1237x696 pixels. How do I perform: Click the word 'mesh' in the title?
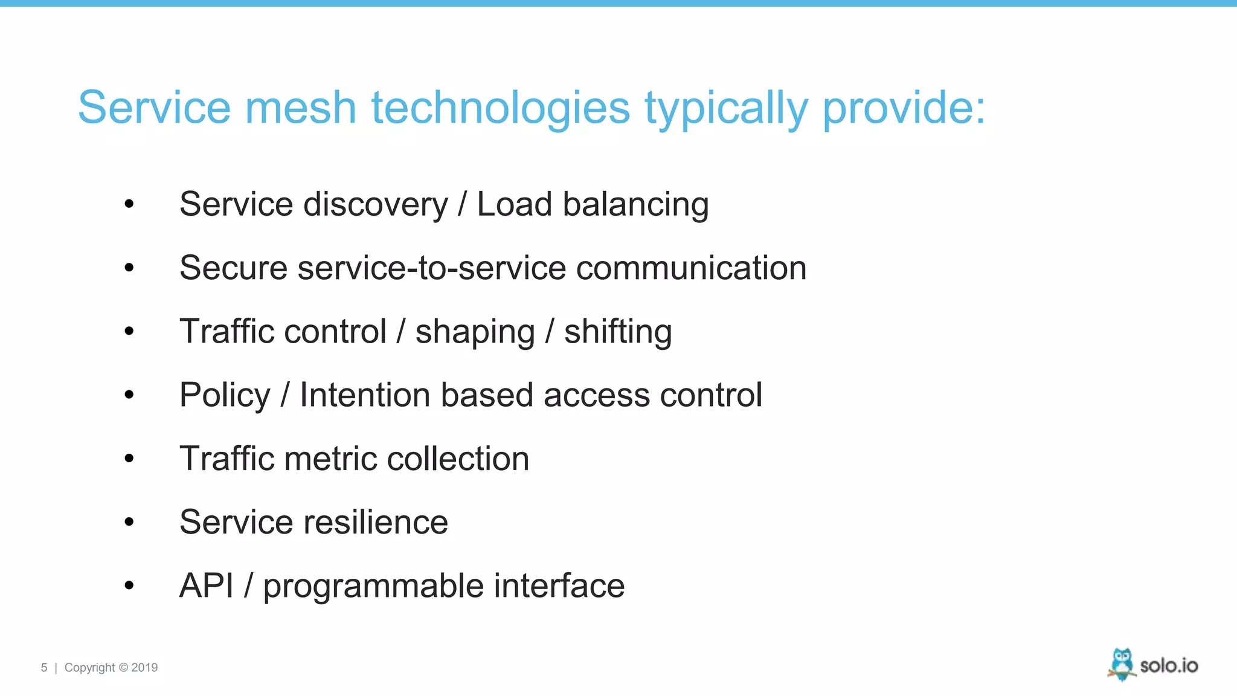[300, 108]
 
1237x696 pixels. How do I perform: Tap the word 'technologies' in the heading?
[501, 108]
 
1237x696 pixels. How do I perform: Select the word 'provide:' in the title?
[904, 108]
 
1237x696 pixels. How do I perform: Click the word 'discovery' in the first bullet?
[376, 204]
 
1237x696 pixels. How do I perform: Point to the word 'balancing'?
[635, 204]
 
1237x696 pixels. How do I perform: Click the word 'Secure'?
[233, 268]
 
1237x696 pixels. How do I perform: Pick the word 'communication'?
[691, 268]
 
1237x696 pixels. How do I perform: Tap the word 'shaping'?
[475, 332]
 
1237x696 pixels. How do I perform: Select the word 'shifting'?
[618, 332]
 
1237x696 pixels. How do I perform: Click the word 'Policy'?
[225, 395]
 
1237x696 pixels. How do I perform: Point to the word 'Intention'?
[365, 395]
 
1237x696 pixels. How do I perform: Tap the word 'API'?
[207, 585]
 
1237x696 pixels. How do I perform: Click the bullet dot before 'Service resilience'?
[129, 522]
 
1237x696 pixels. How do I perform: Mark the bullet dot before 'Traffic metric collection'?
[129, 459]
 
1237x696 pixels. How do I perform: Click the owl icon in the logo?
[1122, 664]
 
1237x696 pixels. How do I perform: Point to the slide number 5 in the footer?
[44, 668]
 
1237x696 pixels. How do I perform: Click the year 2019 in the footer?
[144, 668]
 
